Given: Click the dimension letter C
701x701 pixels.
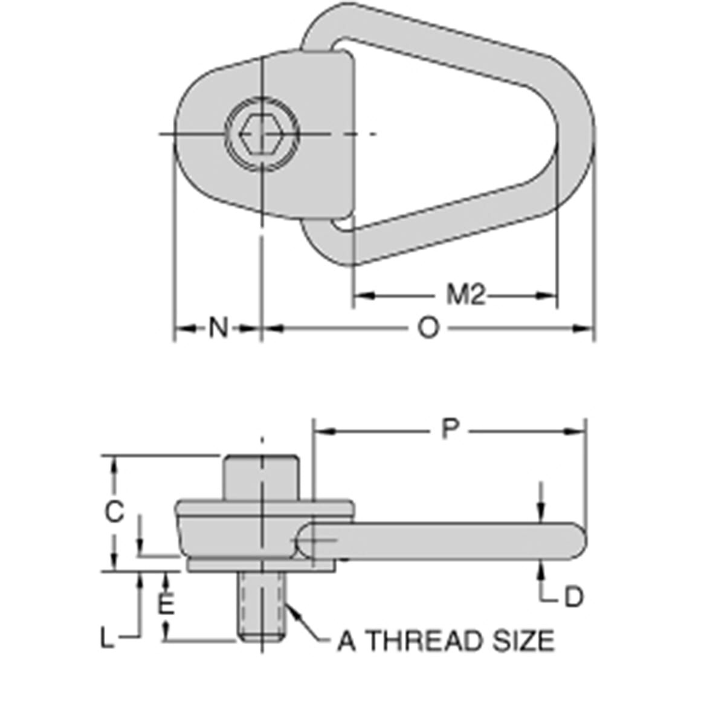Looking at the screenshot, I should coord(114,512).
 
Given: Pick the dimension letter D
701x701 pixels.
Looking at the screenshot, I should coord(573,598).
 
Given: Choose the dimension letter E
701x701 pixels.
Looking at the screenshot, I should coord(166,604).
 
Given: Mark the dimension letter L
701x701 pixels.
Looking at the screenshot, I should coord(107,639).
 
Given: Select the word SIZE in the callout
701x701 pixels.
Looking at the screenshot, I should coord(526,641).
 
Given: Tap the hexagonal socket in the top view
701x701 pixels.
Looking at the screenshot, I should coord(261,133).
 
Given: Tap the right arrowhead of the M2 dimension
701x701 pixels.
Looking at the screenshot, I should coord(548,296).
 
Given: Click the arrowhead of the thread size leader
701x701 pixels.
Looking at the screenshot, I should coord(291,611).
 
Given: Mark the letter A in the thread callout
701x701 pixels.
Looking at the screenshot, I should coord(346,641).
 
